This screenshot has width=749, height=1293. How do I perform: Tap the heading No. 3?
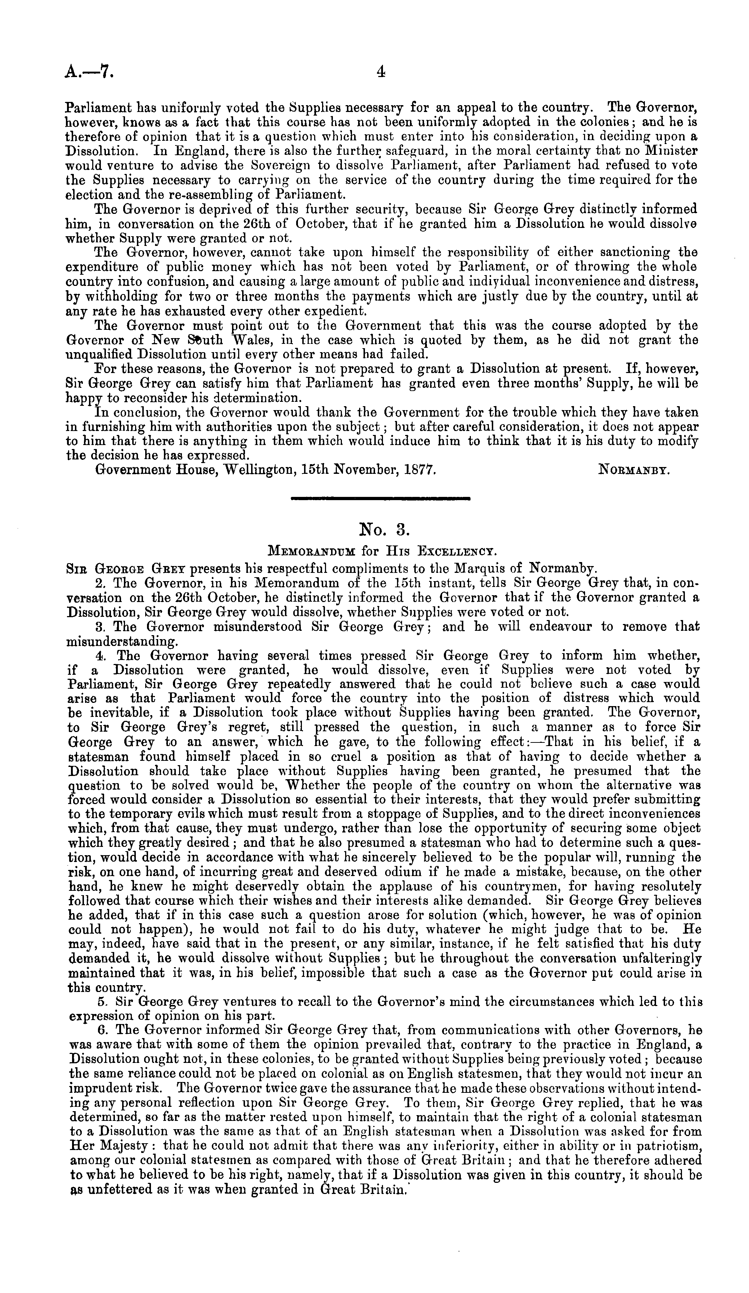click(381, 529)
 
